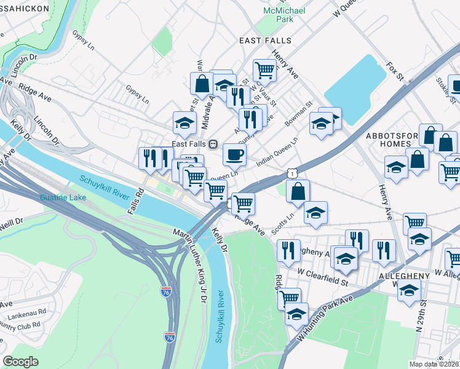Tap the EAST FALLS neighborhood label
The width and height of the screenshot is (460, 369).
point(265,41)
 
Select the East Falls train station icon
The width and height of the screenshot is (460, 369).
point(212,144)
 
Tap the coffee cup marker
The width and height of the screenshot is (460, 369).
point(234,155)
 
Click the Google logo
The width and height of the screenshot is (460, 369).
point(21,361)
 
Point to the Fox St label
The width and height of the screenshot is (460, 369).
point(394,71)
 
